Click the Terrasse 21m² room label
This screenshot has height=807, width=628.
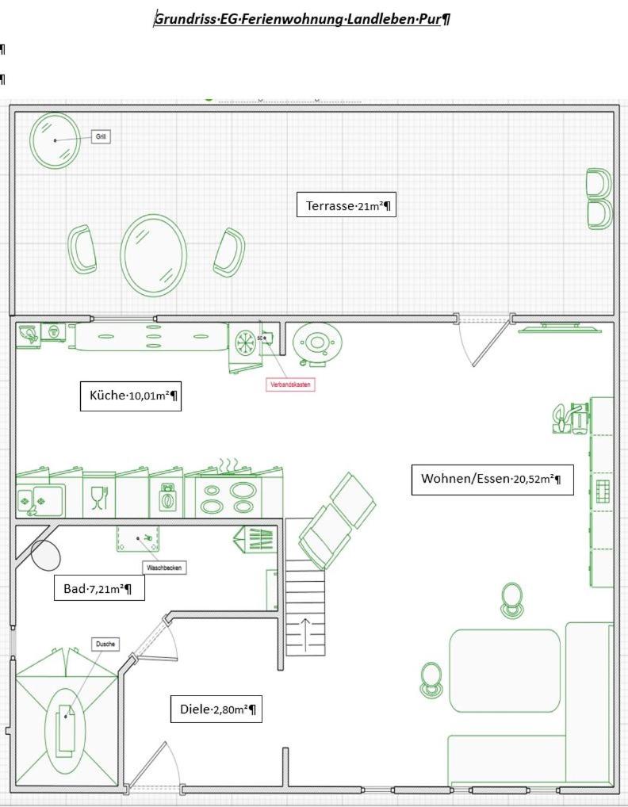tap(348, 205)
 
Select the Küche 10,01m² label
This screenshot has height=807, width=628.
tap(131, 396)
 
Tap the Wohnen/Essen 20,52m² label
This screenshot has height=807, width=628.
tap(492, 479)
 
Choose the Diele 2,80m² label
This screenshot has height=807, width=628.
tap(216, 709)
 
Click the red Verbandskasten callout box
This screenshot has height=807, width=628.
tap(290, 384)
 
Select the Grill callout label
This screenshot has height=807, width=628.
tap(101, 136)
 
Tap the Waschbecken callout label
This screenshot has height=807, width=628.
tap(165, 568)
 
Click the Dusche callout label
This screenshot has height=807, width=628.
tap(105, 644)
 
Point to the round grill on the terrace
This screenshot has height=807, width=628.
tap(55, 140)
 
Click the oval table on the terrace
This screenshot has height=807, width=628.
tap(154, 254)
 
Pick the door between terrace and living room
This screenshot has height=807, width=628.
tap(485, 341)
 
